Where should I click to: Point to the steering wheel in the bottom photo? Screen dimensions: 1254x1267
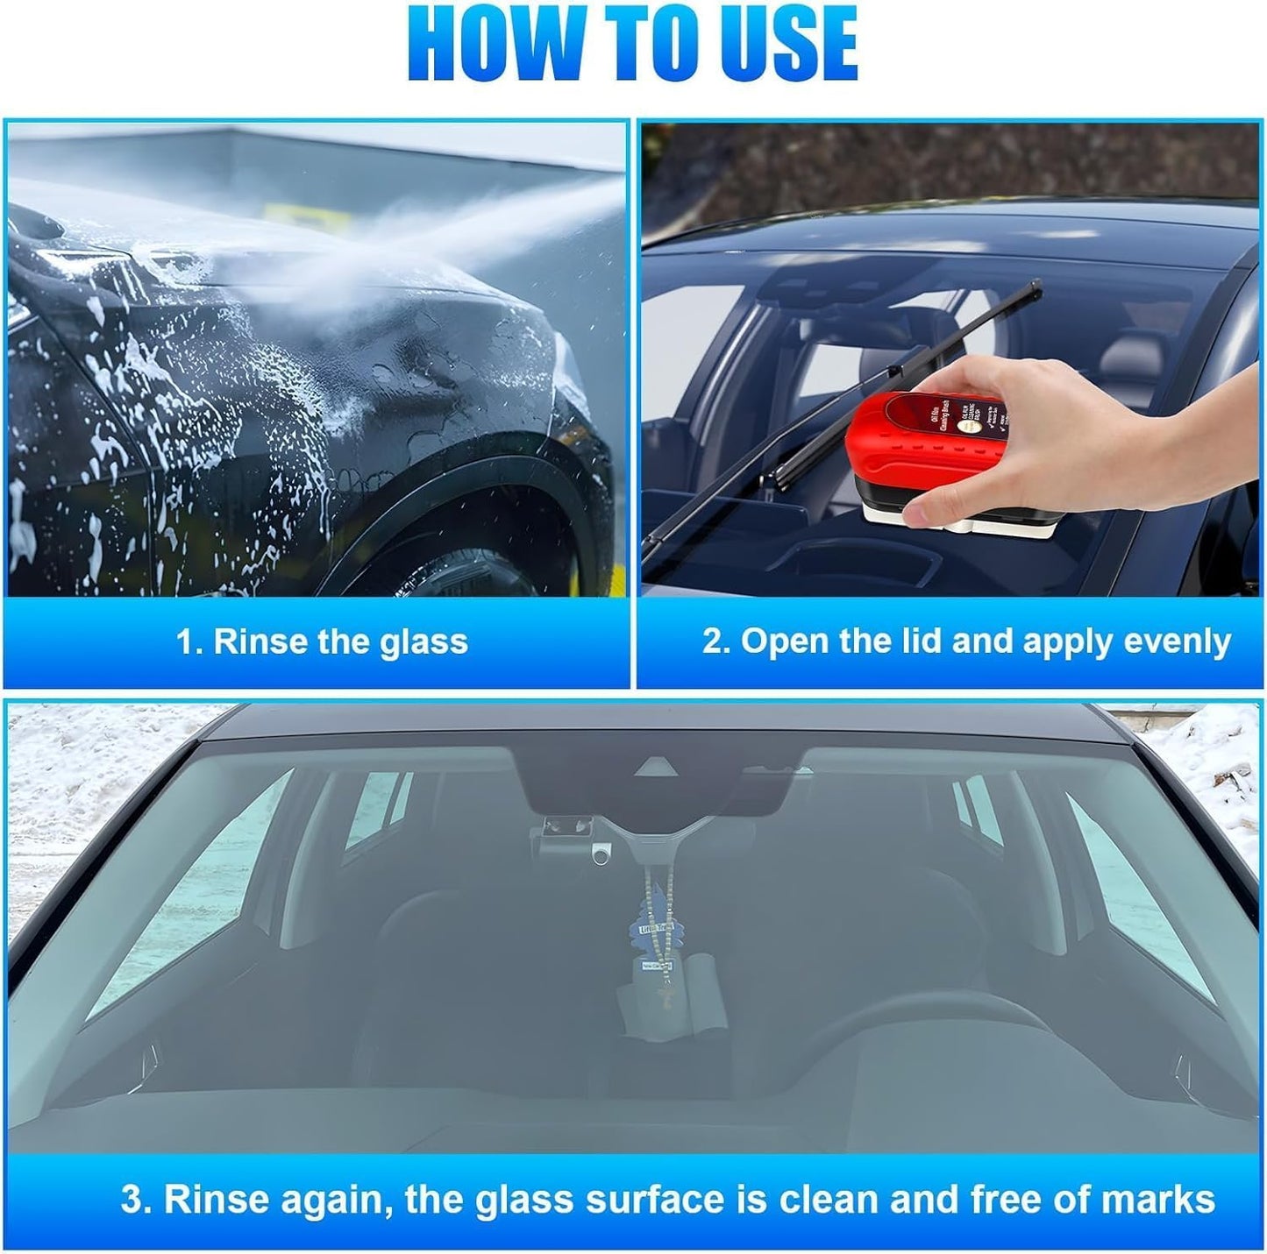[x=921, y=1034]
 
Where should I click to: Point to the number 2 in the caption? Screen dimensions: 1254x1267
[x=712, y=641]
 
